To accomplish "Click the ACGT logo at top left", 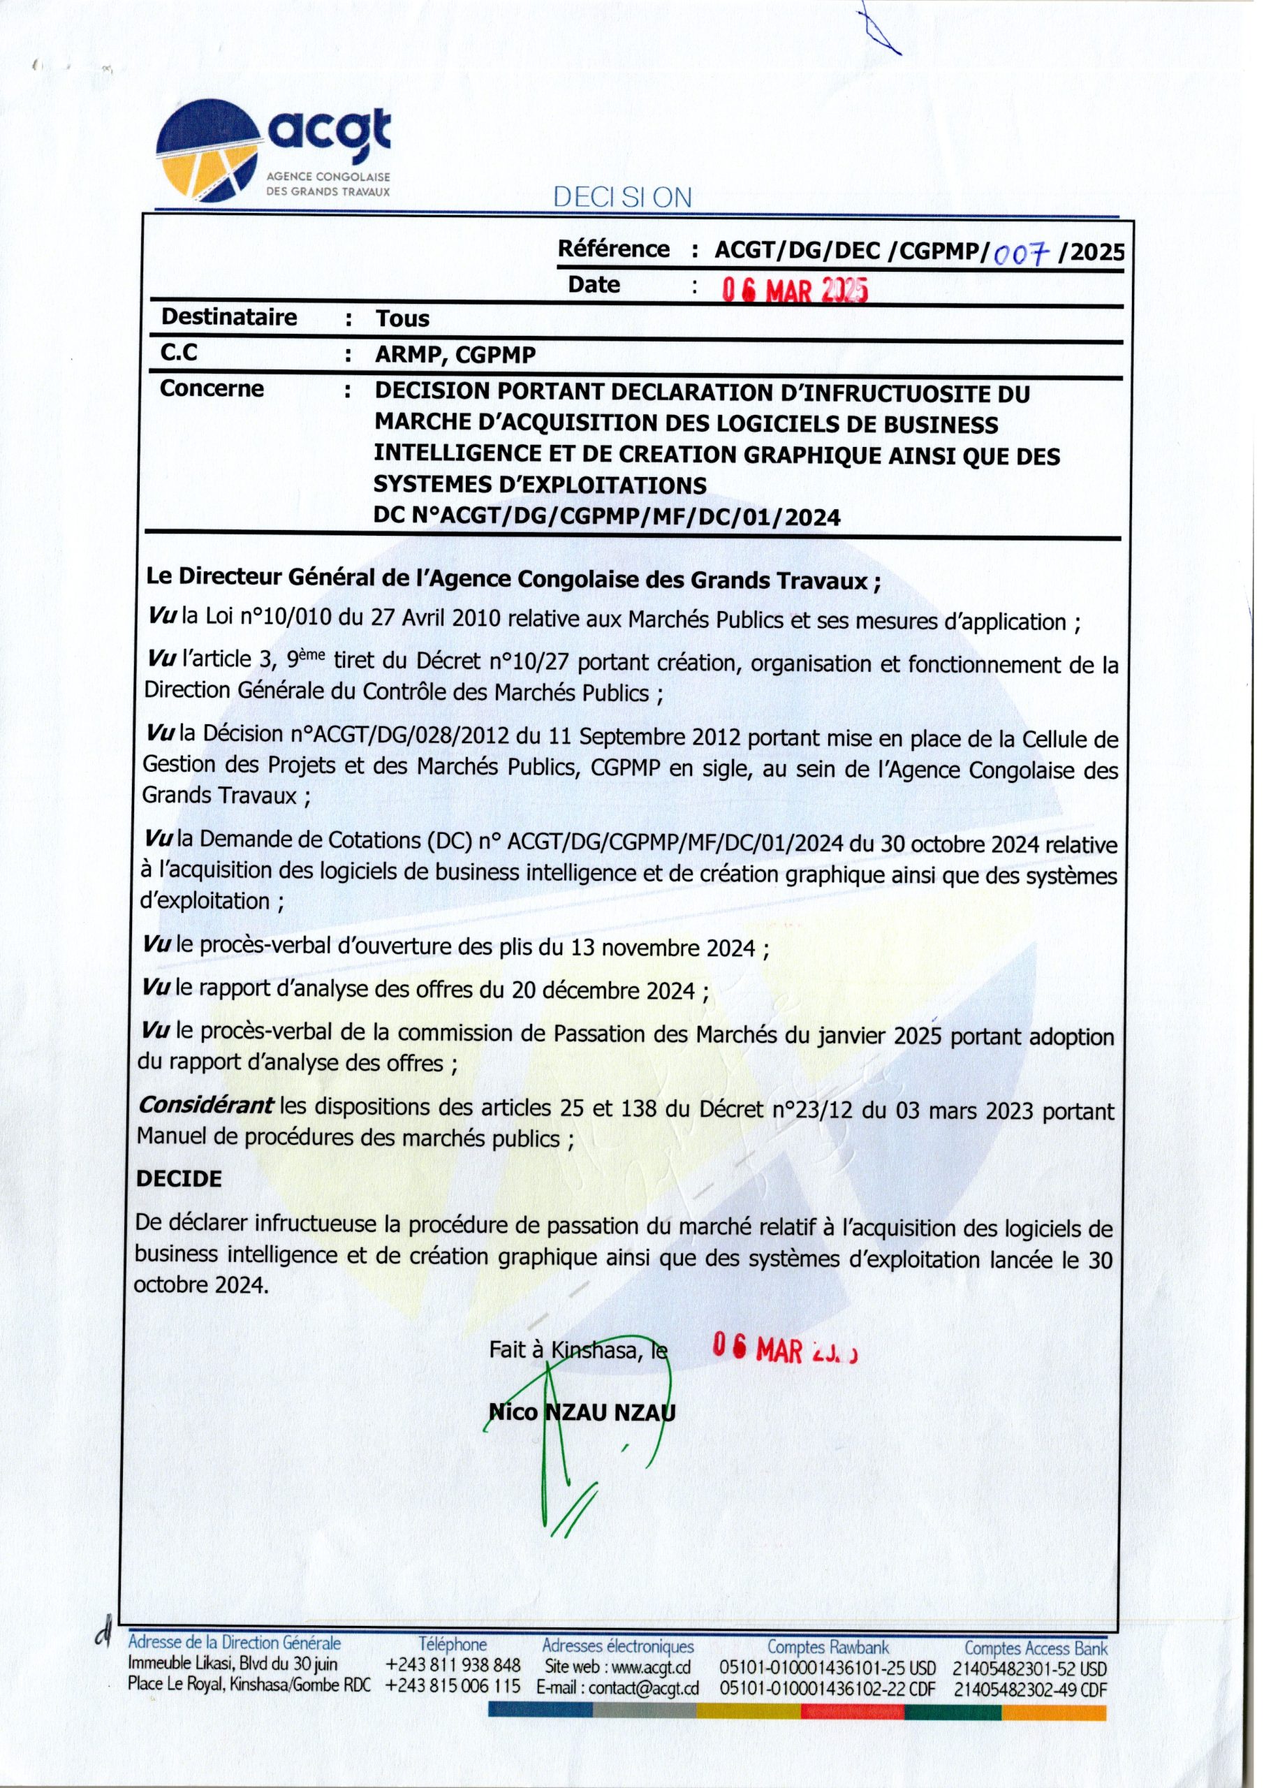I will [x=272, y=154].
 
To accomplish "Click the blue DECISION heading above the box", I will [x=622, y=198].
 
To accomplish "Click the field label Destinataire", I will [x=229, y=318].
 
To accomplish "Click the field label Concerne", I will [x=212, y=389].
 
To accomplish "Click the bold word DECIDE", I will [x=179, y=1179].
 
